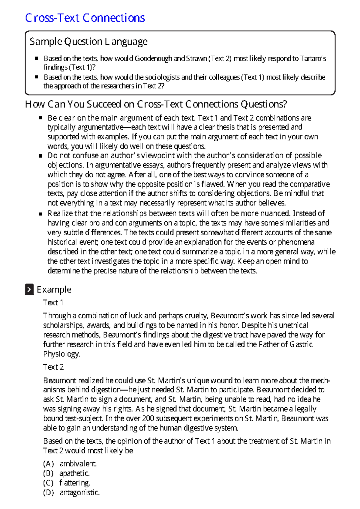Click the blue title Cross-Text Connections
(x=85, y=18)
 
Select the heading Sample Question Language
(x=88, y=41)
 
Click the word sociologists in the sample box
(x=163, y=77)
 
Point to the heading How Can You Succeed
(x=156, y=104)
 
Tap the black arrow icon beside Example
(x=29, y=290)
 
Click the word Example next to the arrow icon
(x=54, y=290)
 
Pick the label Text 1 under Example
(x=53, y=302)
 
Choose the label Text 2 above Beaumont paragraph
(x=53, y=367)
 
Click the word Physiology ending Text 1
(x=61, y=354)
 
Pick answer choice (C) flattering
(x=66, y=483)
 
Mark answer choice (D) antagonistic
(x=71, y=493)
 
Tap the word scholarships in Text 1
(x=63, y=325)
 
